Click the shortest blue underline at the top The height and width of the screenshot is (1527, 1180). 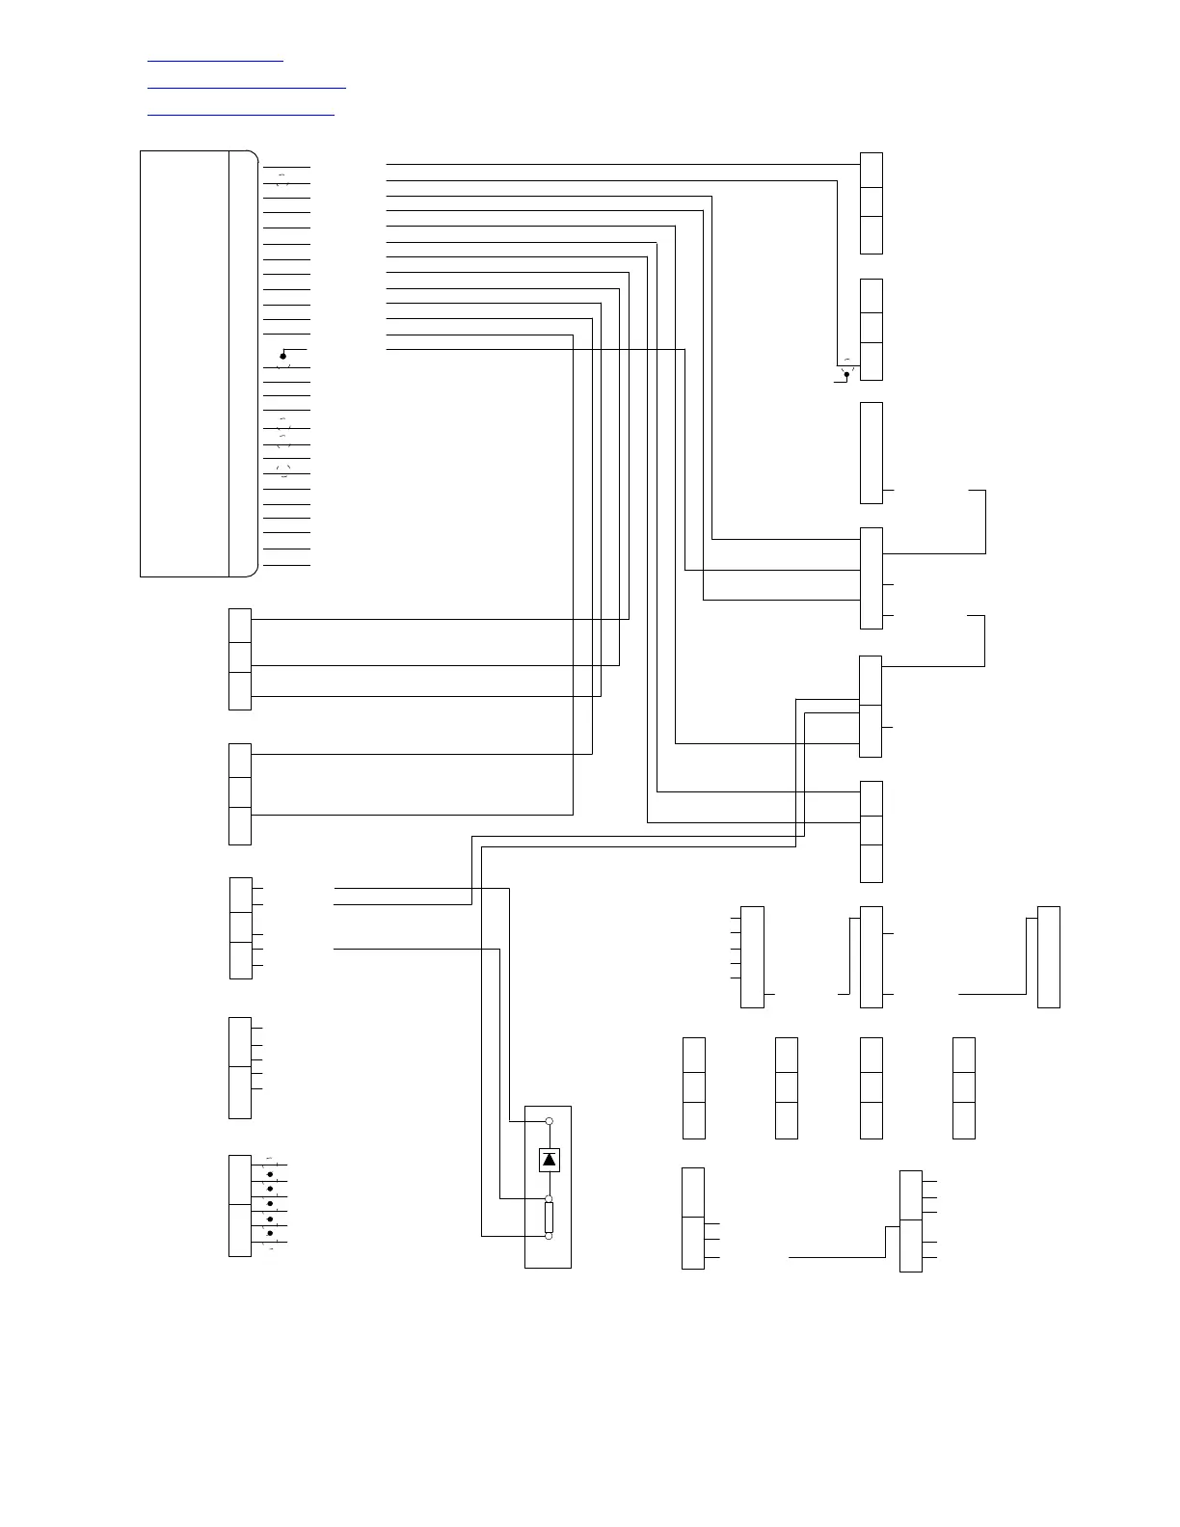coord(215,62)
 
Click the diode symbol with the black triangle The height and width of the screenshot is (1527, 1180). coord(550,1160)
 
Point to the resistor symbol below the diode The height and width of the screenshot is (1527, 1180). coord(550,1218)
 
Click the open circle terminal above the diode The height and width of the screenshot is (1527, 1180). coord(550,1121)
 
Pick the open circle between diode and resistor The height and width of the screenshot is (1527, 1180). coord(550,1198)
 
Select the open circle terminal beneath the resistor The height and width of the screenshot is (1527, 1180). coord(550,1236)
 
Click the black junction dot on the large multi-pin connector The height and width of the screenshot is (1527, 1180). coord(282,357)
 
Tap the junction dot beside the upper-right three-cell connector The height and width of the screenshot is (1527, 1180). coord(847,374)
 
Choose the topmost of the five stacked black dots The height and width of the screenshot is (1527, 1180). coord(270,1174)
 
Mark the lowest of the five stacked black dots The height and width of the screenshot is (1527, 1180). coord(270,1233)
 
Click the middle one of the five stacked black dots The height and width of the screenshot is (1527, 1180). coord(270,1204)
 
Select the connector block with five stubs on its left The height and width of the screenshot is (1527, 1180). coord(752,957)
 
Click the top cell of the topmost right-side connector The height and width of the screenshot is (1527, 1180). coord(872,170)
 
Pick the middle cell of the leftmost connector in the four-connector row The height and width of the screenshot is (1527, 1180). coord(693,1087)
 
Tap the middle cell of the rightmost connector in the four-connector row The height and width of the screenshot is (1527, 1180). coord(963,1087)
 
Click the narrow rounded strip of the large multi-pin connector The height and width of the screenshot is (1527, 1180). coord(243,363)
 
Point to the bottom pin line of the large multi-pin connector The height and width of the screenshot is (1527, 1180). coord(286,565)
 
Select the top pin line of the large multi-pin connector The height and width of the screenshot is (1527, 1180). coord(286,167)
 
